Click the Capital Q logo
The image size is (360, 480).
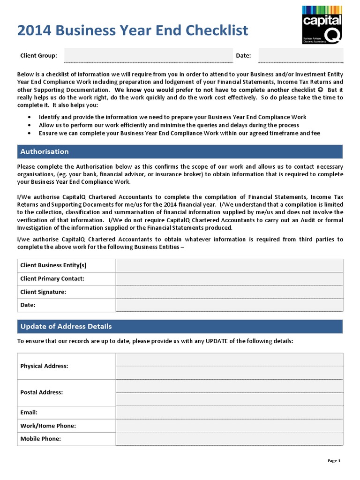click(x=322, y=24)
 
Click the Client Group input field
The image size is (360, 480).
click(x=148, y=55)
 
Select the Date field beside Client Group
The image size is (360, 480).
click(x=300, y=55)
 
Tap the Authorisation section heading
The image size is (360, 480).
click(x=45, y=151)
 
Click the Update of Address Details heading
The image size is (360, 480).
click(x=66, y=326)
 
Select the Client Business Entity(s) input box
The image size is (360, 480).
click(x=229, y=265)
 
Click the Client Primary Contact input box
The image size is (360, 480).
click(x=229, y=278)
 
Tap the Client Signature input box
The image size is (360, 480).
click(x=229, y=292)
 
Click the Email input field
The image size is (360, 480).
click(x=229, y=412)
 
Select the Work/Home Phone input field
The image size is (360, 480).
click(x=229, y=426)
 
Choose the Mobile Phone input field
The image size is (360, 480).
click(x=229, y=439)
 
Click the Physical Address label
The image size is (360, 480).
click(x=44, y=366)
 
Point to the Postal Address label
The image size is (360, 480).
click(x=41, y=392)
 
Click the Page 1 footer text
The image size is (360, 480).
click(x=334, y=461)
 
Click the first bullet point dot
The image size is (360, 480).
click(x=30, y=117)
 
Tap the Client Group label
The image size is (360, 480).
click(x=38, y=56)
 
